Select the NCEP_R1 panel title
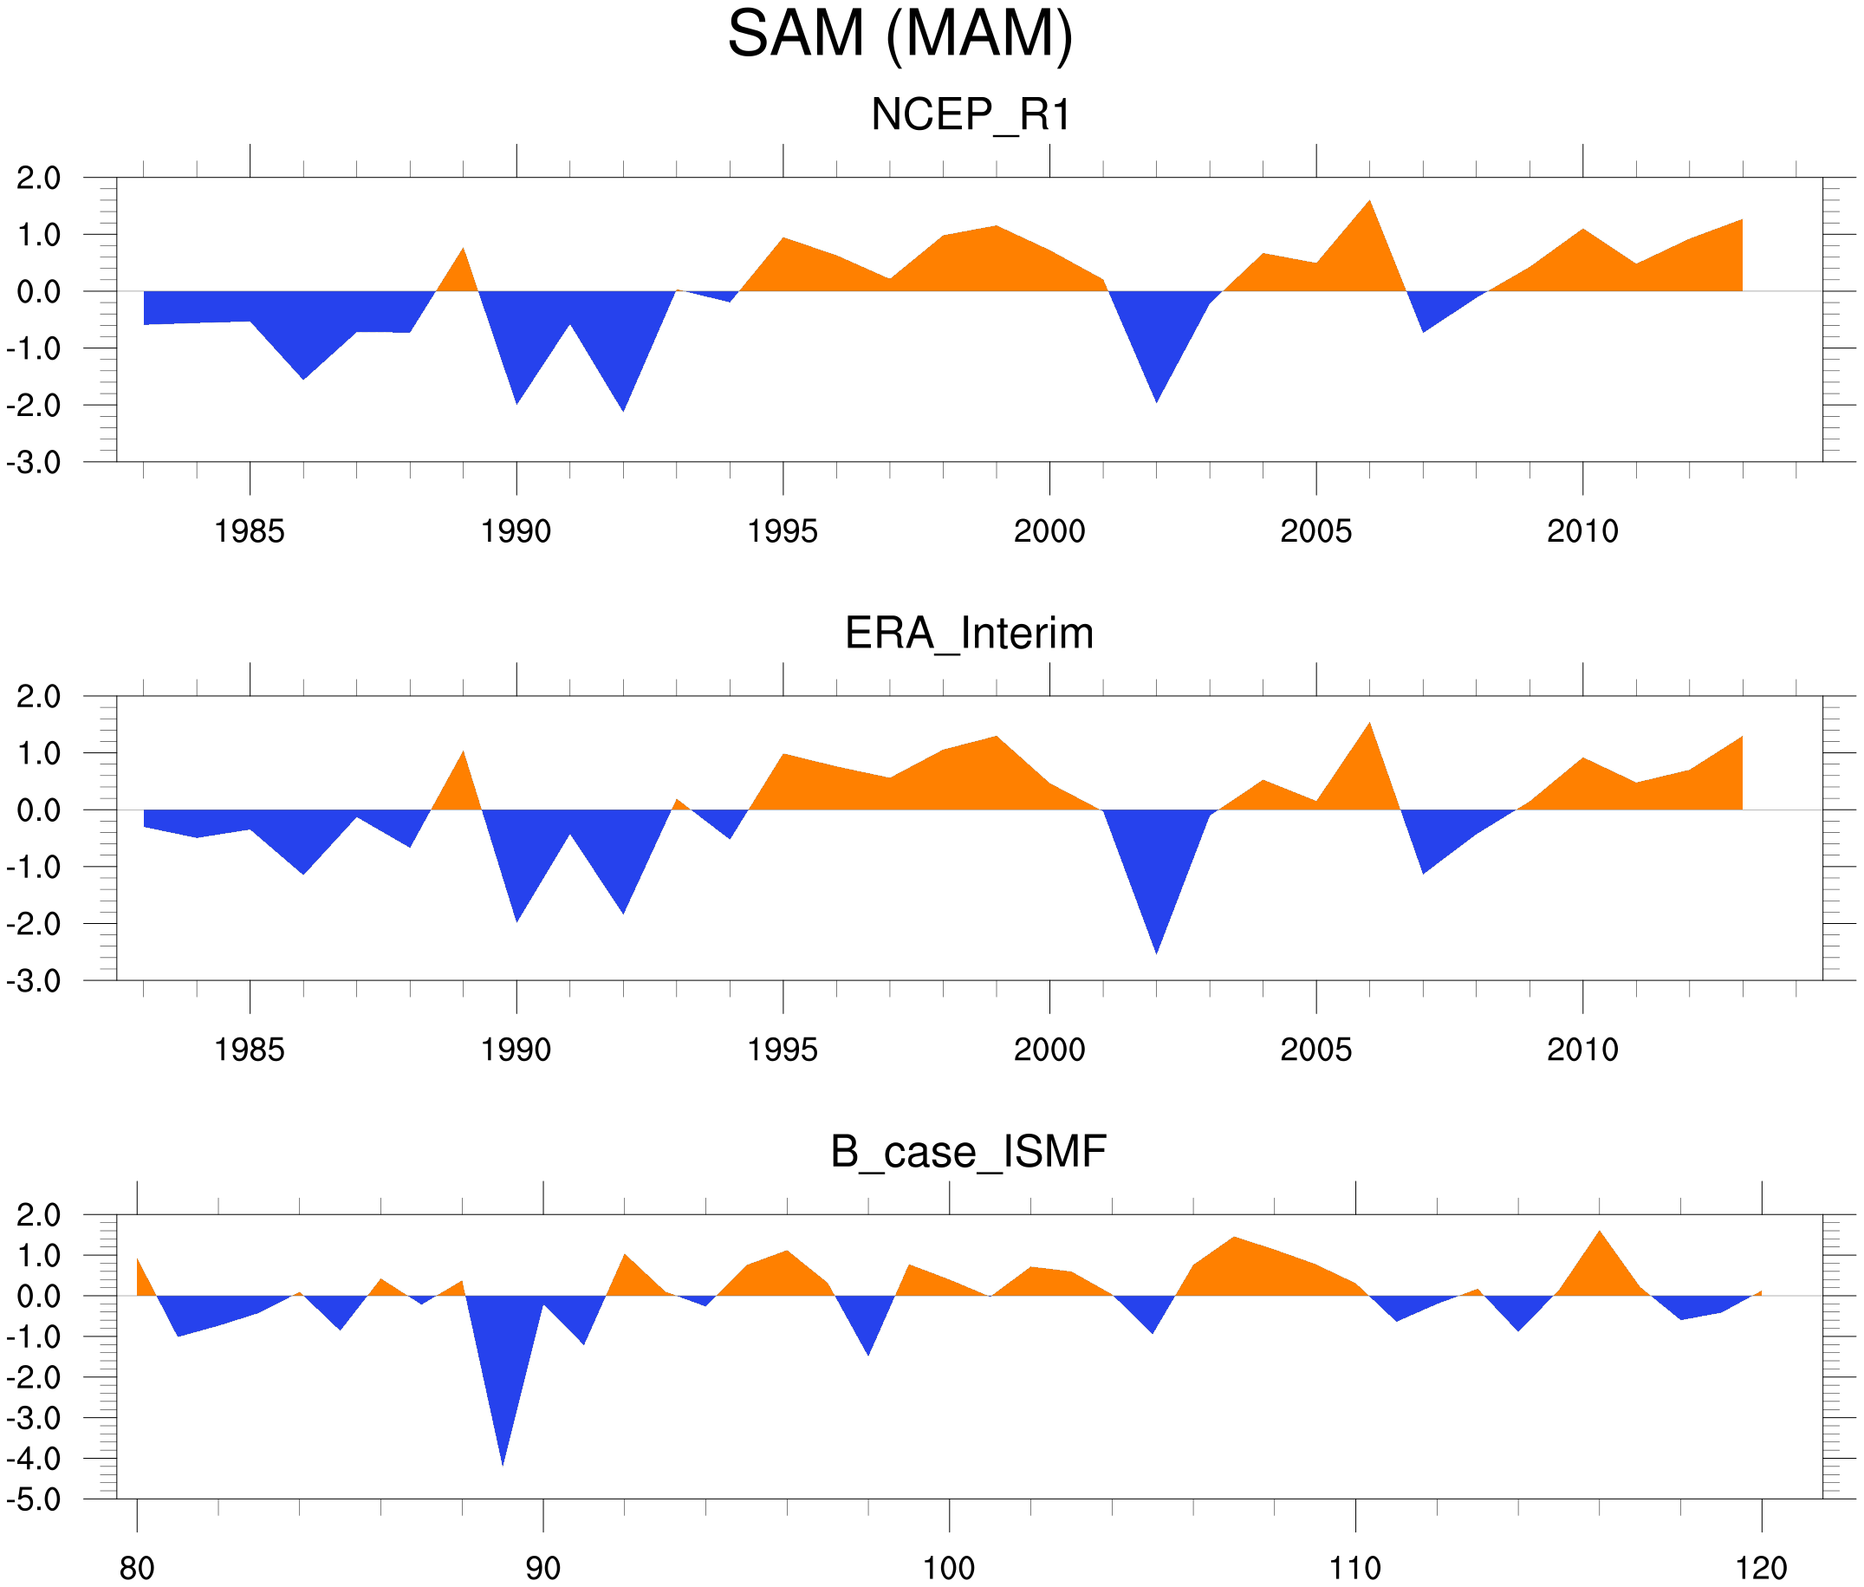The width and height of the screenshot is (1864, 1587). click(971, 115)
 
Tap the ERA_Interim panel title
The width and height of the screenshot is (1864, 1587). click(969, 634)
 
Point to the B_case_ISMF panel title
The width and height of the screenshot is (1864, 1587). click(968, 1152)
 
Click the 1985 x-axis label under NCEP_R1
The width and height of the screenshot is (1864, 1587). click(250, 531)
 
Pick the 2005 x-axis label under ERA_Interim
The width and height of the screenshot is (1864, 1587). click(1315, 1049)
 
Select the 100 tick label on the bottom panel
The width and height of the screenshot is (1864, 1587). click(949, 1568)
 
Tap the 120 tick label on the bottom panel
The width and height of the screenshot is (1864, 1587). click(1761, 1568)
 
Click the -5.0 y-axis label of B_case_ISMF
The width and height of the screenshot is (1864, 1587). click(34, 1499)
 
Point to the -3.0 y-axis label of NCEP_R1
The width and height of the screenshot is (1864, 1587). click(34, 464)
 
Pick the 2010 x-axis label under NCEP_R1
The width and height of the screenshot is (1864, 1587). click(1582, 531)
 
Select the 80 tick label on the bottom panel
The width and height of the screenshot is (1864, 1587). click(137, 1568)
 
